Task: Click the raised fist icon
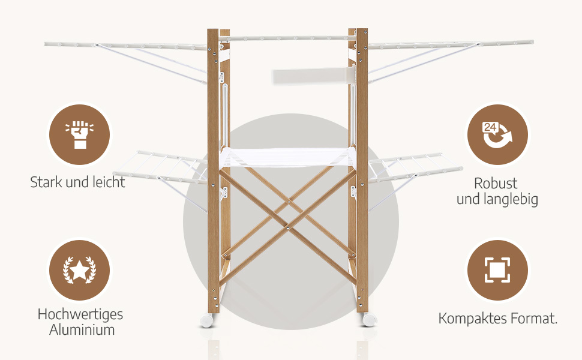(x=79, y=134)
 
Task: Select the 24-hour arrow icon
(x=497, y=134)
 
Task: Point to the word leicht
(x=106, y=182)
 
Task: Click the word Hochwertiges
(x=80, y=314)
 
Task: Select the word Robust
(x=496, y=183)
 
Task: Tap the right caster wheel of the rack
(x=367, y=319)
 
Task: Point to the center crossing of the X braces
(x=287, y=226)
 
